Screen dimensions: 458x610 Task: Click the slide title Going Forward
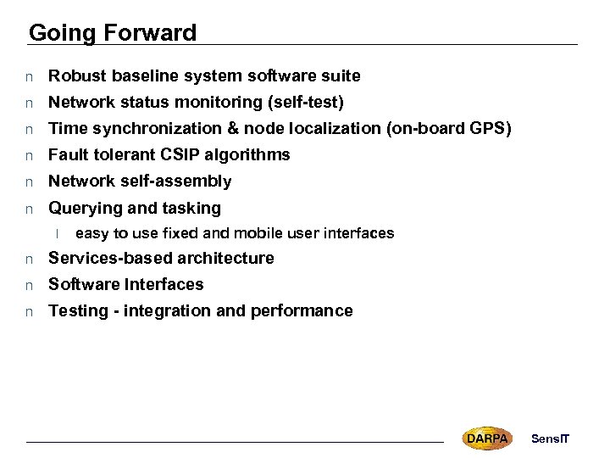click(x=113, y=33)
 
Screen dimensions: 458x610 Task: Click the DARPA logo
click(x=486, y=438)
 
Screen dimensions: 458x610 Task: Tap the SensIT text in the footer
click(x=550, y=438)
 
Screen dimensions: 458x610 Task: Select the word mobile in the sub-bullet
click(x=252, y=233)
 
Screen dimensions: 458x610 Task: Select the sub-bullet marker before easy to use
click(x=58, y=233)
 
